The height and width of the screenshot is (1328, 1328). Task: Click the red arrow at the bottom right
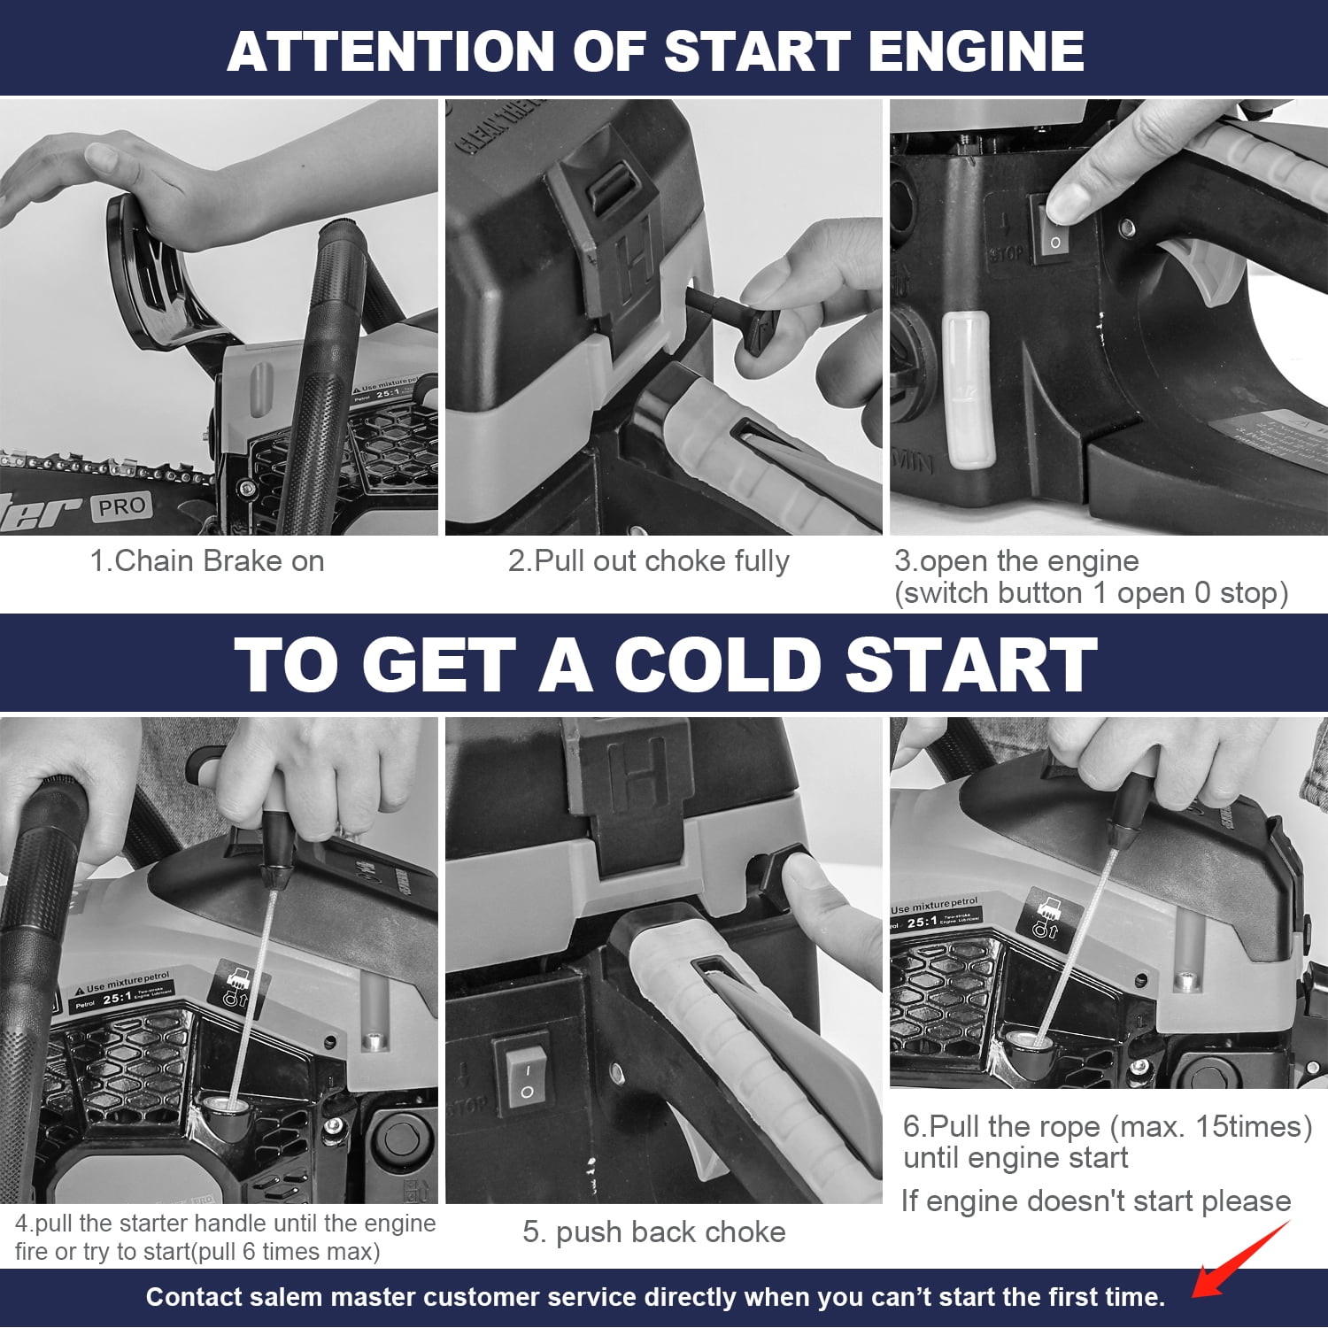coord(1239,1260)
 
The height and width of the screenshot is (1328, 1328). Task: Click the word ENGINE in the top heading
coord(977,50)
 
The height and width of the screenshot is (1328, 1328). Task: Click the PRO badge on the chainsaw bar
coord(121,506)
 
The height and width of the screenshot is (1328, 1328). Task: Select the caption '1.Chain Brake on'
coord(207,560)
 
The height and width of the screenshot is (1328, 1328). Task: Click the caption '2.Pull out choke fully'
coord(648,561)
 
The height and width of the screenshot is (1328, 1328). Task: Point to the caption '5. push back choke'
coord(654,1231)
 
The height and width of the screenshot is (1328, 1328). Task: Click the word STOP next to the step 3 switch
coord(1007,254)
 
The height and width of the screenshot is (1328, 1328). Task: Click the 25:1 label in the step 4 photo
coord(118,999)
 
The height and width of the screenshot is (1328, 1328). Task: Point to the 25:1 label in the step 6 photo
coord(923,923)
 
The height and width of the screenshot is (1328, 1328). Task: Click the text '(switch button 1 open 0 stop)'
coord(1091,592)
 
